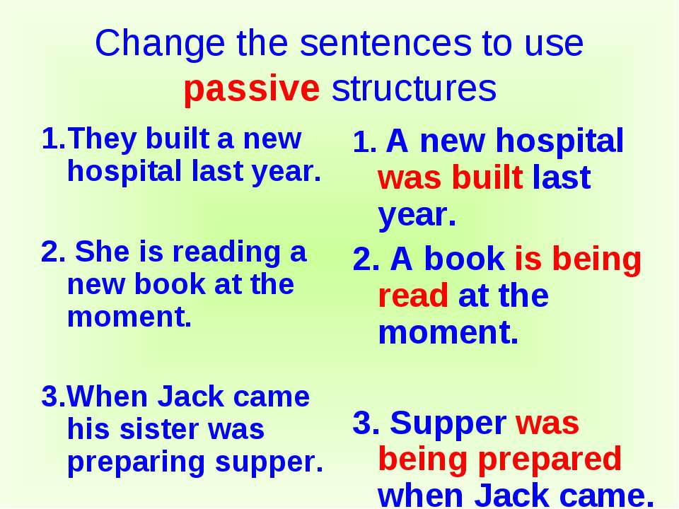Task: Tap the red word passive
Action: pyautogui.click(x=252, y=90)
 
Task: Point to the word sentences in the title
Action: pyautogui.click(x=385, y=43)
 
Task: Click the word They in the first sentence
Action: pyautogui.click(x=101, y=139)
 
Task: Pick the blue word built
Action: pyautogui.click(x=177, y=139)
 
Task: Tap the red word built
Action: pyautogui.click(x=487, y=177)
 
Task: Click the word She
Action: pyautogui.click(x=102, y=252)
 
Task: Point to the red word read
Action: pyautogui.click(x=413, y=296)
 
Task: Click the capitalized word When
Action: pyautogui.click(x=107, y=397)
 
